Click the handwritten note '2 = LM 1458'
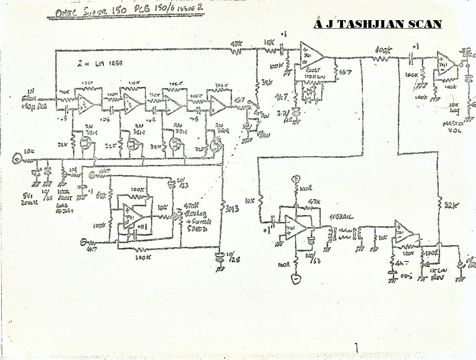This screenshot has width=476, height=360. pos(99,63)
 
